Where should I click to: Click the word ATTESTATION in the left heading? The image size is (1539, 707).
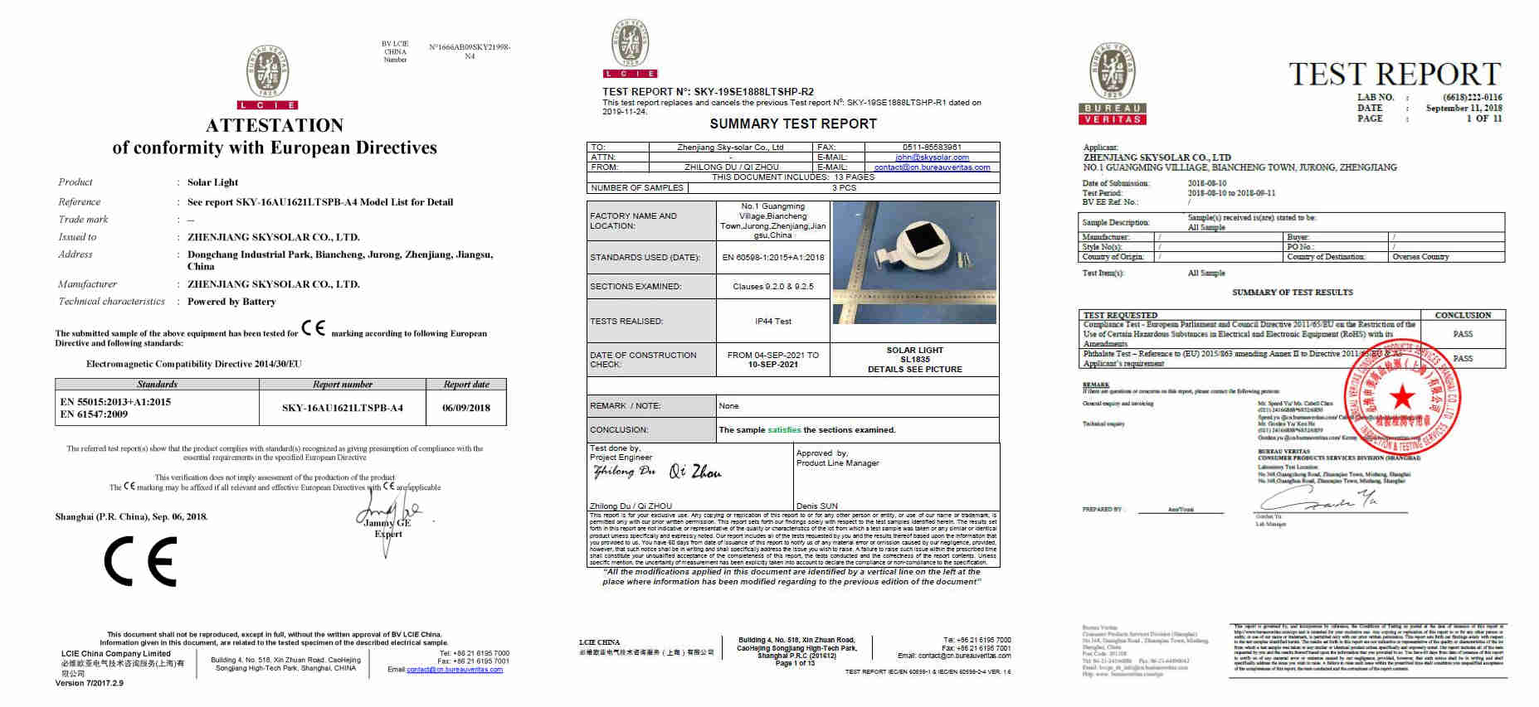[x=275, y=126]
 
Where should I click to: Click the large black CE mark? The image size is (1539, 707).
[x=140, y=561]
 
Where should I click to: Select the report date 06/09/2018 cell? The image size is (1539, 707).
[x=466, y=408]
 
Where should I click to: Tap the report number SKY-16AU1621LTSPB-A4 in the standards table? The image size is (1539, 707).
[x=342, y=408]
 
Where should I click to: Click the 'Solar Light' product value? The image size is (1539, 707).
[x=212, y=182]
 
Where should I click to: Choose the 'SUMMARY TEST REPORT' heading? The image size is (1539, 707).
[x=792, y=124]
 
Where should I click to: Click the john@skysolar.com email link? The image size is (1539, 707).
[x=932, y=157]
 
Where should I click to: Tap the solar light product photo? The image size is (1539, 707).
[x=913, y=262]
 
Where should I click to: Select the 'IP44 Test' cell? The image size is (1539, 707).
[x=772, y=321]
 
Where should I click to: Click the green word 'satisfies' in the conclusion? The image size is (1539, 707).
[x=784, y=430]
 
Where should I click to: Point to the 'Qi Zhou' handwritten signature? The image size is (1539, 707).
[x=695, y=472]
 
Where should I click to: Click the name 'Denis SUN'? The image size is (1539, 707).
[x=816, y=506]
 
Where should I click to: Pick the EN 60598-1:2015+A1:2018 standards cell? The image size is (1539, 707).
[x=772, y=257]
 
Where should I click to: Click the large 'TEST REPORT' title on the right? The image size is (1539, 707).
[x=1395, y=75]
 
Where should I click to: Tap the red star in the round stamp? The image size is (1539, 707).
[x=1403, y=398]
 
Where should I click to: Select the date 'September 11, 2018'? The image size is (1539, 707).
[x=1464, y=108]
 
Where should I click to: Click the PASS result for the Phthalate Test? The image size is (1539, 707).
[x=1462, y=358]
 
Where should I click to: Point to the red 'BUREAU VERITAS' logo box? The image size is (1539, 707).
[x=1113, y=114]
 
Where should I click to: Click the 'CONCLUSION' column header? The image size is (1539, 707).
[x=1463, y=315]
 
